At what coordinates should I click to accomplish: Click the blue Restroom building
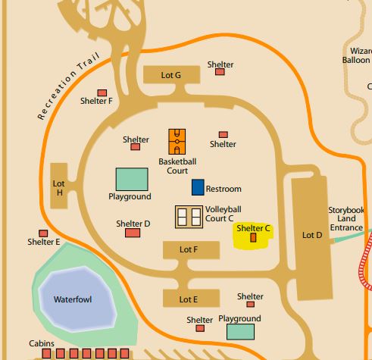[198, 187]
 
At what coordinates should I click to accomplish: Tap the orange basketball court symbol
[177, 142]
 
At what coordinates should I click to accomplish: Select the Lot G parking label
[171, 75]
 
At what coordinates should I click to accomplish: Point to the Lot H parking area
[59, 186]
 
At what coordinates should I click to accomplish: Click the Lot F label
[189, 249]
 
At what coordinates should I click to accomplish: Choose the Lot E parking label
[189, 299]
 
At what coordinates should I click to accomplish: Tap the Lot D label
[312, 235]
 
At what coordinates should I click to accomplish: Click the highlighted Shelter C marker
[253, 237]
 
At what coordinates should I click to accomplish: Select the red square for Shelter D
[133, 233]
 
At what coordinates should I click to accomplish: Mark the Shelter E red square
[43, 233]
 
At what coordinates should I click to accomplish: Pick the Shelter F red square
[102, 92]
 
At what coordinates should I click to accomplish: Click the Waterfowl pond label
[73, 299]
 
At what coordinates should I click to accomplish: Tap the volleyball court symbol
[189, 217]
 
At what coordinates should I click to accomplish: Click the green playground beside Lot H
[132, 179]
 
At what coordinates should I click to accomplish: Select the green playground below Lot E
[240, 332]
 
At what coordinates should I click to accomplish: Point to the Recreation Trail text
[68, 86]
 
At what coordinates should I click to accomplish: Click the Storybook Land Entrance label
[346, 218]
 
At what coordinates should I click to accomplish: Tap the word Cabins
[42, 343]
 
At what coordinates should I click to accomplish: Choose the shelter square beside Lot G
[220, 72]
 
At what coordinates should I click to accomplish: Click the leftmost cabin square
[46, 353]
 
